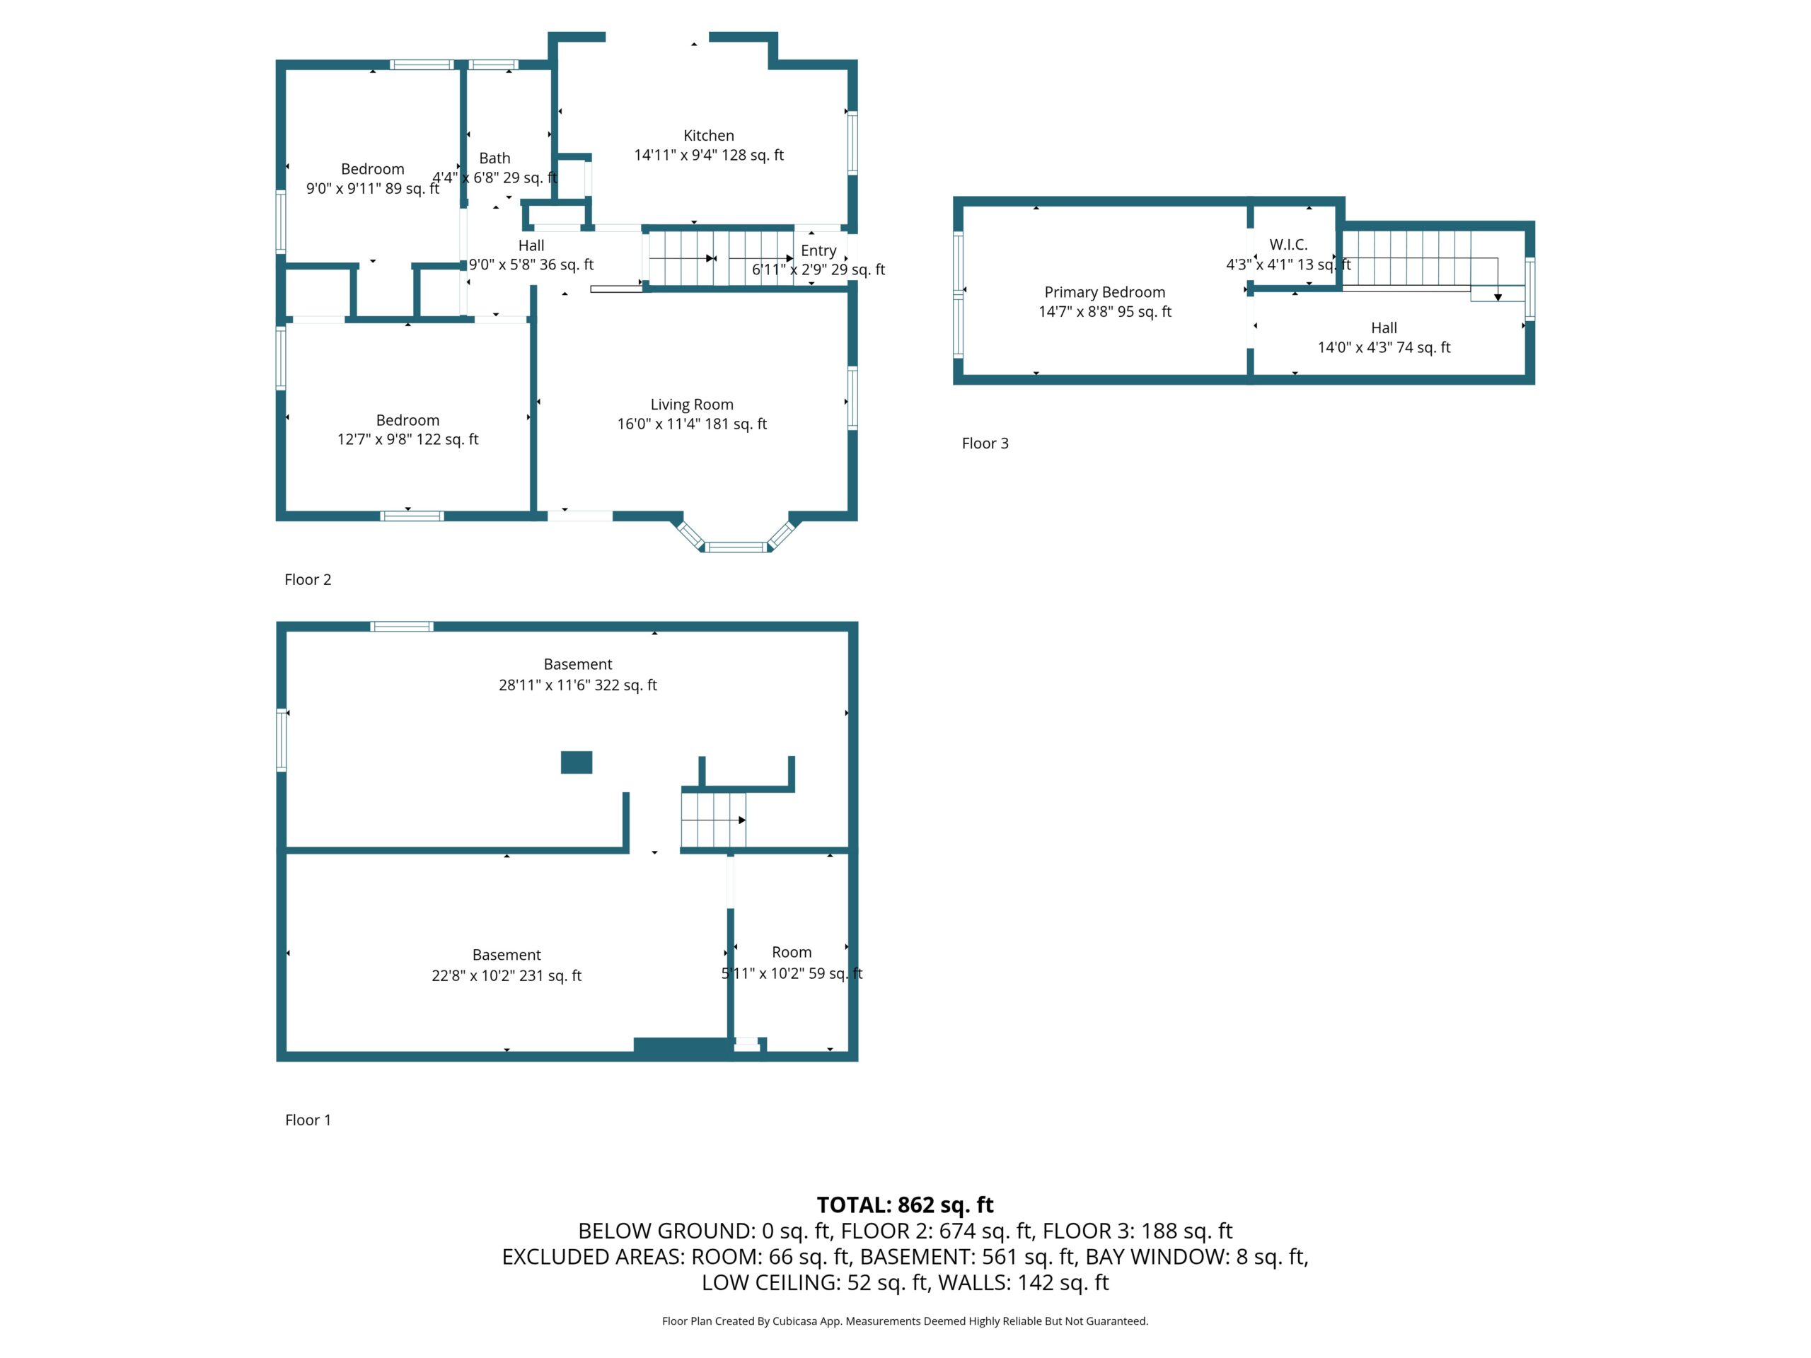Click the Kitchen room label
tap(708, 136)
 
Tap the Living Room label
tap(692, 405)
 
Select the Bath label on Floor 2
tap(494, 158)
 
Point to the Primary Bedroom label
tap(1104, 292)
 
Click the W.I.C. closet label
tap(1289, 244)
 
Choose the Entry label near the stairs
tap(818, 250)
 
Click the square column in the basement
tap(577, 762)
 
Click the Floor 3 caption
tap(985, 443)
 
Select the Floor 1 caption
tap(308, 1120)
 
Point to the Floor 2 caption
tap(308, 579)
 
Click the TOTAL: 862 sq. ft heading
tap(905, 1205)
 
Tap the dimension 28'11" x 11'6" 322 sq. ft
tap(578, 685)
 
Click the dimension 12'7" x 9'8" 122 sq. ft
tap(407, 439)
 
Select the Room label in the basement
tap(792, 952)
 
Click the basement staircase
tap(714, 819)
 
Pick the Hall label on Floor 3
tap(1384, 328)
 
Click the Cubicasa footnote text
tap(905, 1321)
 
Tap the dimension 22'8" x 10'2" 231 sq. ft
tap(507, 976)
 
